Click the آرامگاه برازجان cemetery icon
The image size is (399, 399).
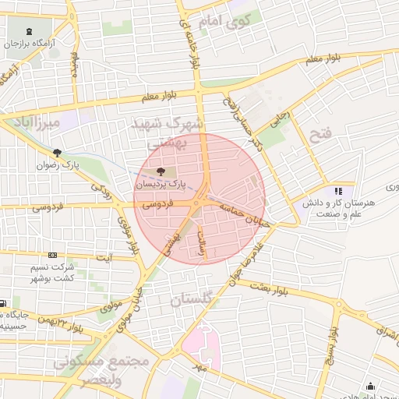pyautogui.click(x=29, y=32)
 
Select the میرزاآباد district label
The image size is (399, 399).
pyautogui.click(x=31, y=123)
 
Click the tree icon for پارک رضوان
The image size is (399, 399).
pyautogui.click(x=55, y=153)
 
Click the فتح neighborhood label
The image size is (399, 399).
pyautogui.click(x=320, y=135)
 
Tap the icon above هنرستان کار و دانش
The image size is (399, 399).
pyautogui.click(x=337, y=190)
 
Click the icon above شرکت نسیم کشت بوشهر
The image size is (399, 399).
pyautogui.click(x=52, y=255)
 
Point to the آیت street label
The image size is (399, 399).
pyautogui.click(x=103, y=256)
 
